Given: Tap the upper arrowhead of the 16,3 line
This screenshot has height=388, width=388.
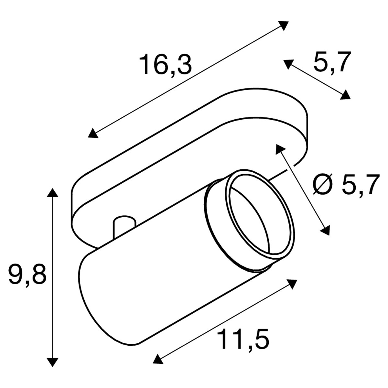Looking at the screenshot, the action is [283, 26].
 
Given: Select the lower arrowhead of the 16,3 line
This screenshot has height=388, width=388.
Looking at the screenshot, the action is [93, 133].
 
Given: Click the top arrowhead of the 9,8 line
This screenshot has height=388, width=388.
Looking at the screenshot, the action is [52, 193].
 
